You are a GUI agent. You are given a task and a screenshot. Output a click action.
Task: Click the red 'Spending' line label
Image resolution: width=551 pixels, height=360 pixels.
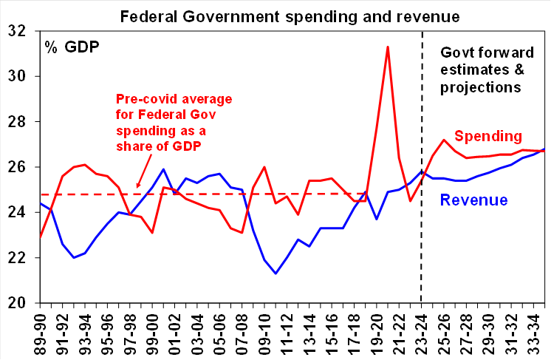488,136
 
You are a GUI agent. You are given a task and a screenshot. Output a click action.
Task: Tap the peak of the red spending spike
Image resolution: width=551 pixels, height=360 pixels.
388,47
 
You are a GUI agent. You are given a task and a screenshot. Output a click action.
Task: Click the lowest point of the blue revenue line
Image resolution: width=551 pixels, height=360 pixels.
275,274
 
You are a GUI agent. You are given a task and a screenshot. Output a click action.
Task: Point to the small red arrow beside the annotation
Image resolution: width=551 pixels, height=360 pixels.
138,186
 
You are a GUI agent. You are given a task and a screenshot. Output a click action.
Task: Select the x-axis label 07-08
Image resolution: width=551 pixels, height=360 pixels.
242,331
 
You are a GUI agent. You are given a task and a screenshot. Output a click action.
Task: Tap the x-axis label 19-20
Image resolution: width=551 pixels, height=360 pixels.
376,331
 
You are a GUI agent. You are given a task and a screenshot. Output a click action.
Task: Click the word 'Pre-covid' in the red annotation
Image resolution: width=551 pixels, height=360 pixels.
144,99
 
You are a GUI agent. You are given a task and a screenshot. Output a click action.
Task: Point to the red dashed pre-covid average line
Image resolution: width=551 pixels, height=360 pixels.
222,194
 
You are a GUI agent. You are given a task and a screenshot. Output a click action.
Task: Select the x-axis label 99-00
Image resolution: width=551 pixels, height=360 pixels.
152,331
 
